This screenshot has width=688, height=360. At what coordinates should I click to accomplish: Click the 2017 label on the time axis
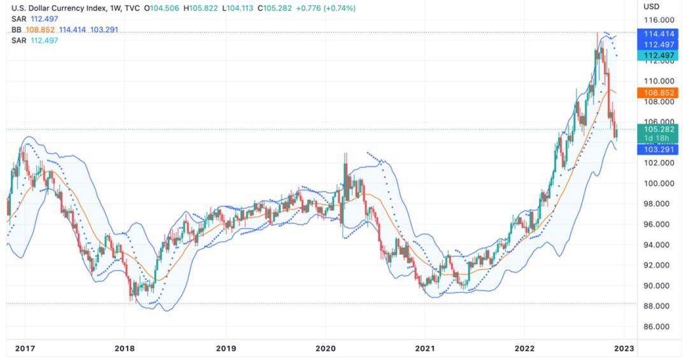(25, 349)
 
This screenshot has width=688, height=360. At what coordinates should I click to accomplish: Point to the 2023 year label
(624, 349)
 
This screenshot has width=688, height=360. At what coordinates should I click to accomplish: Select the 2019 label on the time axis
(226, 349)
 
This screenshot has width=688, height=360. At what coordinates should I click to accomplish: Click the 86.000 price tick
(659, 326)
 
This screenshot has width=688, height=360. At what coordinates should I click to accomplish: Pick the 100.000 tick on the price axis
(659, 184)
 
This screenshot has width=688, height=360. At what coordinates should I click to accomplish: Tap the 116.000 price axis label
(659, 20)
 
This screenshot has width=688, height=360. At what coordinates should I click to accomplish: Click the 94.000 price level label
(659, 245)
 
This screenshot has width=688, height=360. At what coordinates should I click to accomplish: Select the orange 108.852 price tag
(659, 92)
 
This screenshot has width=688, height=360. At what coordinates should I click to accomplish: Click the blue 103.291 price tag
(659, 149)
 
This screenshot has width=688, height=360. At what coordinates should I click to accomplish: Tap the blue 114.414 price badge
(659, 33)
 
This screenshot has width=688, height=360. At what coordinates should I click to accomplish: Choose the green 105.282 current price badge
(659, 129)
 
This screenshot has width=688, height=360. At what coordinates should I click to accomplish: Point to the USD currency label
(651, 6)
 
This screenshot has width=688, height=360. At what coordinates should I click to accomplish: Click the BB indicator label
(17, 30)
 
